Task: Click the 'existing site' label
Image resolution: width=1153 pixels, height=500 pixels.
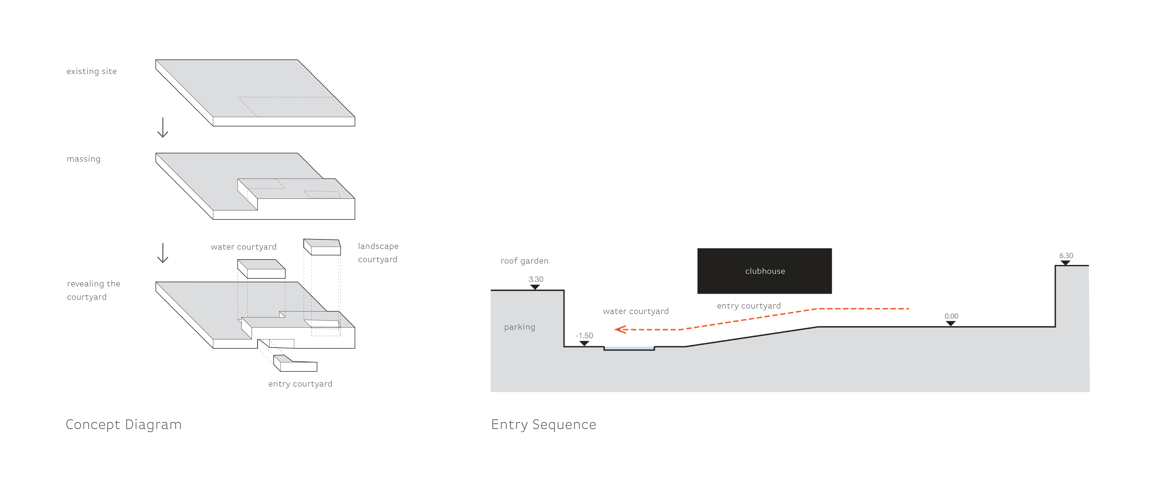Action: pyautogui.click(x=92, y=71)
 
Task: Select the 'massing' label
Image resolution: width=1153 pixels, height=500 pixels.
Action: pyautogui.click(x=84, y=159)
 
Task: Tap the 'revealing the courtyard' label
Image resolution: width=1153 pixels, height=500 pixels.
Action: pyautogui.click(x=94, y=290)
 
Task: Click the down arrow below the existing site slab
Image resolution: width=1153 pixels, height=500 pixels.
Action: pyautogui.click(x=163, y=128)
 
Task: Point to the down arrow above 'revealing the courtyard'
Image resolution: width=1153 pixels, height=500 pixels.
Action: pyautogui.click(x=163, y=253)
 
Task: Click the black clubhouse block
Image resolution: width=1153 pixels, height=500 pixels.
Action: pyautogui.click(x=764, y=271)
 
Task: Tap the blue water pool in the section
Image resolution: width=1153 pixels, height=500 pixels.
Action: pyautogui.click(x=629, y=348)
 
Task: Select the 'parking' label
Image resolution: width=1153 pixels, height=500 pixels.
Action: pyautogui.click(x=520, y=327)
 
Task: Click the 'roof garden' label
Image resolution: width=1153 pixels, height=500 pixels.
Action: pyautogui.click(x=525, y=261)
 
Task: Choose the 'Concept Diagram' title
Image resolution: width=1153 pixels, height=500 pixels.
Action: pyautogui.click(x=123, y=425)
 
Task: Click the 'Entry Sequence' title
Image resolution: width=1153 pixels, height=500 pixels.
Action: pyautogui.click(x=544, y=425)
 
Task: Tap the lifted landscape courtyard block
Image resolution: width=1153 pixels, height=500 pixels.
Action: pyautogui.click(x=322, y=247)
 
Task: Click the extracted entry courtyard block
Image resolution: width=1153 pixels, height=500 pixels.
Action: pyautogui.click(x=295, y=363)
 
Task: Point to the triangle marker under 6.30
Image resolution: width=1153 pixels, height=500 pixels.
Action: pyautogui.click(x=1066, y=263)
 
